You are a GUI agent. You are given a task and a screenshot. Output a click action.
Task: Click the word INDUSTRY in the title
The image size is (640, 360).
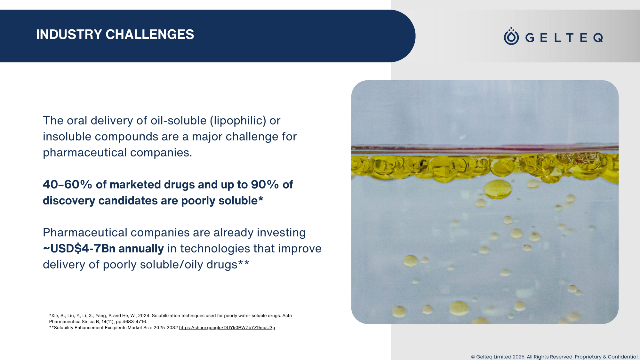[69, 35]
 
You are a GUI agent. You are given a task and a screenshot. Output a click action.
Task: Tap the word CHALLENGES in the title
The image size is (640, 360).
[150, 35]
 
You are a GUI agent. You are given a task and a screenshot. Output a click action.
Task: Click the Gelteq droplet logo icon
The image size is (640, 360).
[511, 36]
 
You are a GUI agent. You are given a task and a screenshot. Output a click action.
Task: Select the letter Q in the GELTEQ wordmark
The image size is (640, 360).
[598, 38]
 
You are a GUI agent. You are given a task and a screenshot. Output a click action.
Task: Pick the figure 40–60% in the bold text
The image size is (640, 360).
[68, 185]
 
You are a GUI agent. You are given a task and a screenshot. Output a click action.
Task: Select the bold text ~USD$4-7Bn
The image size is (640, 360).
[79, 249]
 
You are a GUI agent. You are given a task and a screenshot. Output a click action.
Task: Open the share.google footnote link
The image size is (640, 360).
[227, 328]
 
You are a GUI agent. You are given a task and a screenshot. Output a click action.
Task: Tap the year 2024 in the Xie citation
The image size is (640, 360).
[144, 316]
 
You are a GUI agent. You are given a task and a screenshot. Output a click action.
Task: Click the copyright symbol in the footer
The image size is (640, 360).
[473, 357]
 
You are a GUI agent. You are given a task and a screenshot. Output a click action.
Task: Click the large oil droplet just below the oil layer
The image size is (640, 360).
[498, 189]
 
